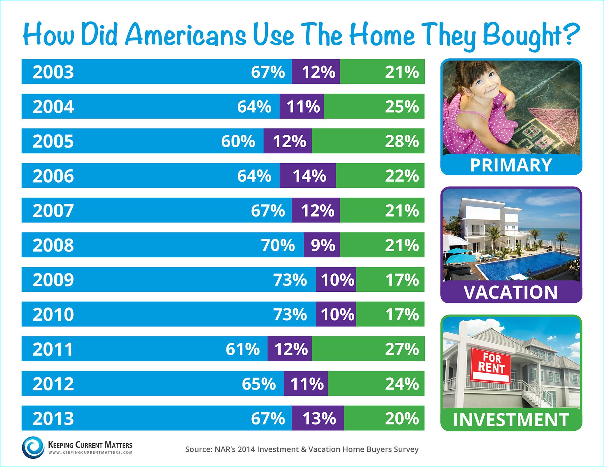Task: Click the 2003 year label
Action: click(53, 72)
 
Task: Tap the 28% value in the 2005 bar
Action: click(402, 141)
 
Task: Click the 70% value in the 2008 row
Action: click(278, 245)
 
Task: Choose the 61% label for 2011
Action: click(243, 349)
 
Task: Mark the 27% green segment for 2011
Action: click(402, 349)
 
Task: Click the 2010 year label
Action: click(53, 314)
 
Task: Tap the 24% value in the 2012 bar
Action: click(402, 383)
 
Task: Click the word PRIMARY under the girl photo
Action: click(511, 165)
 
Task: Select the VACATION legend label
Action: click(511, 292)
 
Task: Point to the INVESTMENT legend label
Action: click(511, 420)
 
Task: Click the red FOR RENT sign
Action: click(491, 365)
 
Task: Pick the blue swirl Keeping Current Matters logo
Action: click(33, 447)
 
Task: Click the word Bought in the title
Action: click(522, 35)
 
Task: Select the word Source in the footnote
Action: click(198, 449)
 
